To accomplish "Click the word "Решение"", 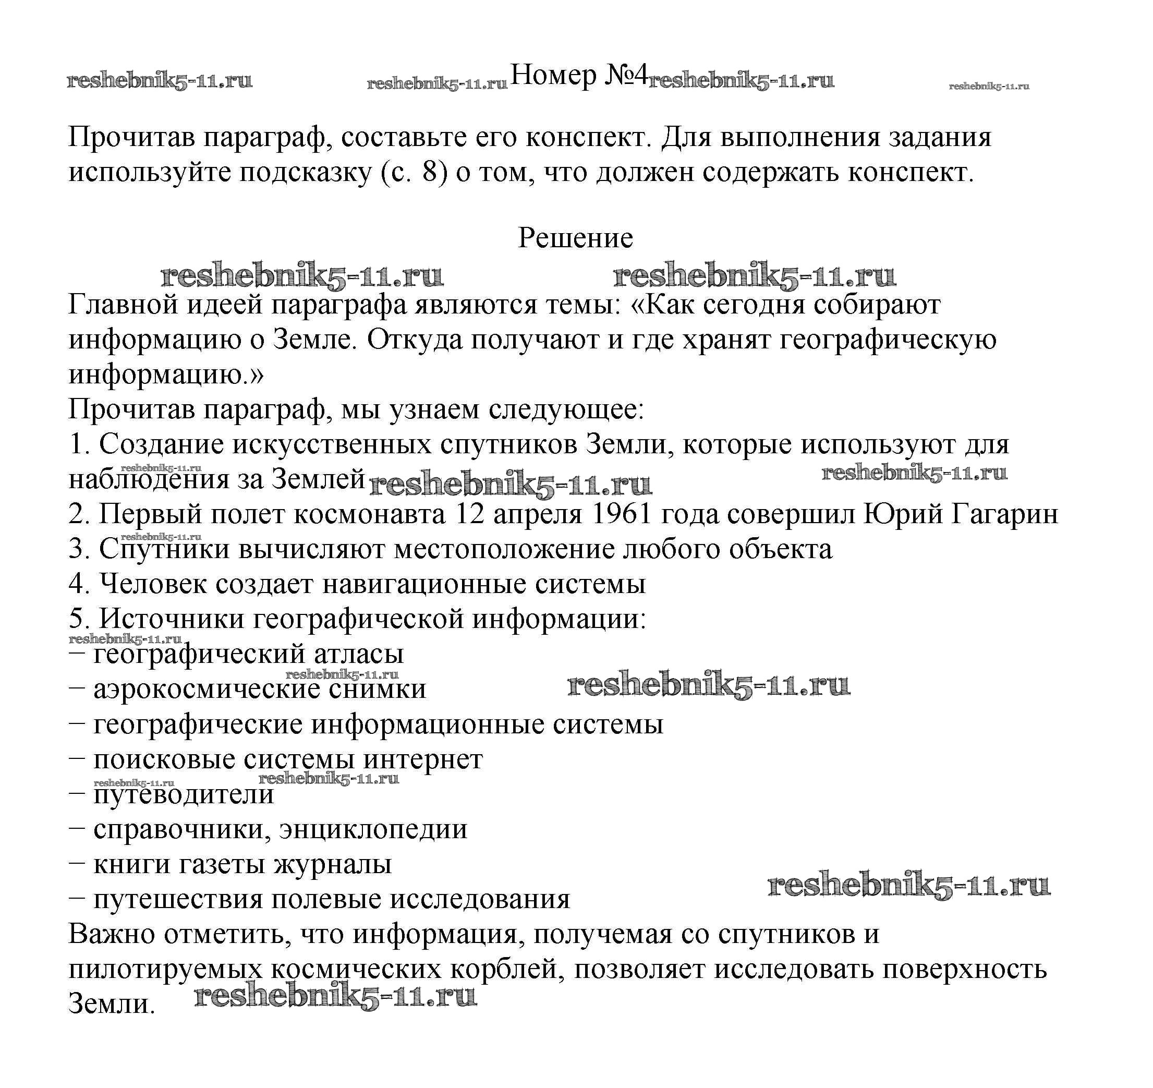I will [575, 238].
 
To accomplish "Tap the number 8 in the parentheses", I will [429, 173].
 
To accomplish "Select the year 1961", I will [620, 514].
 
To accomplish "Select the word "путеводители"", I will [183, 794].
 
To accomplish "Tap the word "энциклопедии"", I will [373, 829].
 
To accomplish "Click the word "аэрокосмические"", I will [207, 689].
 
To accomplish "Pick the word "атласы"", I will [358, 654].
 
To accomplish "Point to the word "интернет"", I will [423, 759].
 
